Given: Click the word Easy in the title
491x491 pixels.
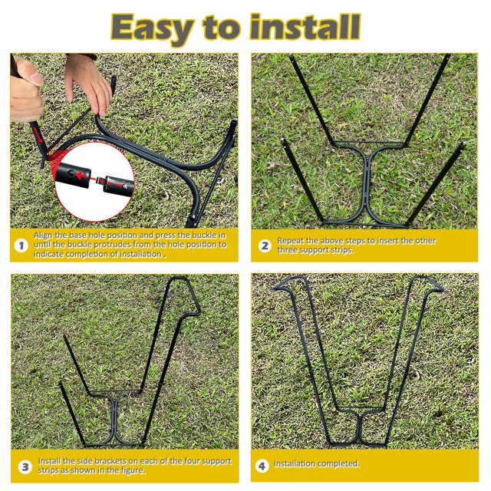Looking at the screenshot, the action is (x=153, y=28).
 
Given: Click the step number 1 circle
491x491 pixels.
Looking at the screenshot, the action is (x=21, y=245).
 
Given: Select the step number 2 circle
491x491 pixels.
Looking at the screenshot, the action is (x=265, y=245).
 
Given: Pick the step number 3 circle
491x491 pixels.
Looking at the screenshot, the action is (x=25, y=467).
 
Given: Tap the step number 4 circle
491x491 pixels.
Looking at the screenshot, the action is (x=262, y=466).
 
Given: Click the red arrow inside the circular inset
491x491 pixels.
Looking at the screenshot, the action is (x=82, y=176).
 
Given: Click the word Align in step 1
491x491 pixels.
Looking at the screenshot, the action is (x=43, y=236).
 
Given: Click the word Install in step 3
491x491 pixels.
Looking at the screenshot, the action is (x=49, y=461).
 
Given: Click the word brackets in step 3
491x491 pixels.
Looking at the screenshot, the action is (x=115, y=461).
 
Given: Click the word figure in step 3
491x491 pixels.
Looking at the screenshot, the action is (x=132, y=470).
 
